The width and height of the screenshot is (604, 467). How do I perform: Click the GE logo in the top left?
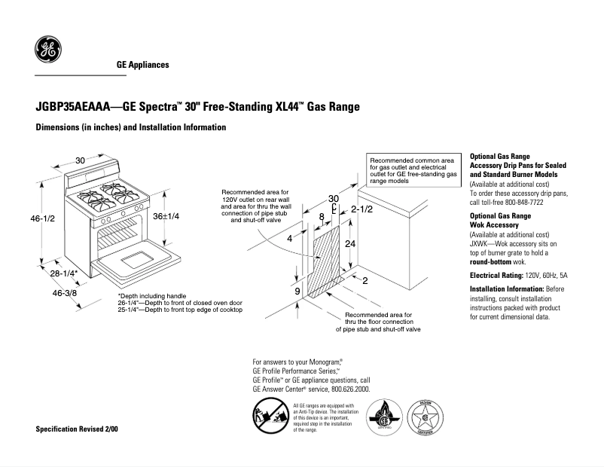pyautogui.click(x=48, y=50)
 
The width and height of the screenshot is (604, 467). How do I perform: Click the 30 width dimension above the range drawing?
pyautogui.click(x=80, y=160)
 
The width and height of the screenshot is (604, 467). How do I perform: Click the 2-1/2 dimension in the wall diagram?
pyautogui.click(x=361, y=209)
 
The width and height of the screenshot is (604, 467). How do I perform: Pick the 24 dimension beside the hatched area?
pyautogui.click(x=350, y=245)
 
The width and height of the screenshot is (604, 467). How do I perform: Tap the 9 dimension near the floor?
pyautogui.click(x=297, y=291)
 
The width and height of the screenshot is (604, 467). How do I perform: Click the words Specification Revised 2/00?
pyautogui.click(x=78, y=429)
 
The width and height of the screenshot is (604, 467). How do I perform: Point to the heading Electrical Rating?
pyautogui.click(x=496, y=276)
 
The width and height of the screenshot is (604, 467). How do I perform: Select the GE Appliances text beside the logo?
pyautogui.click(x=142, y=65)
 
